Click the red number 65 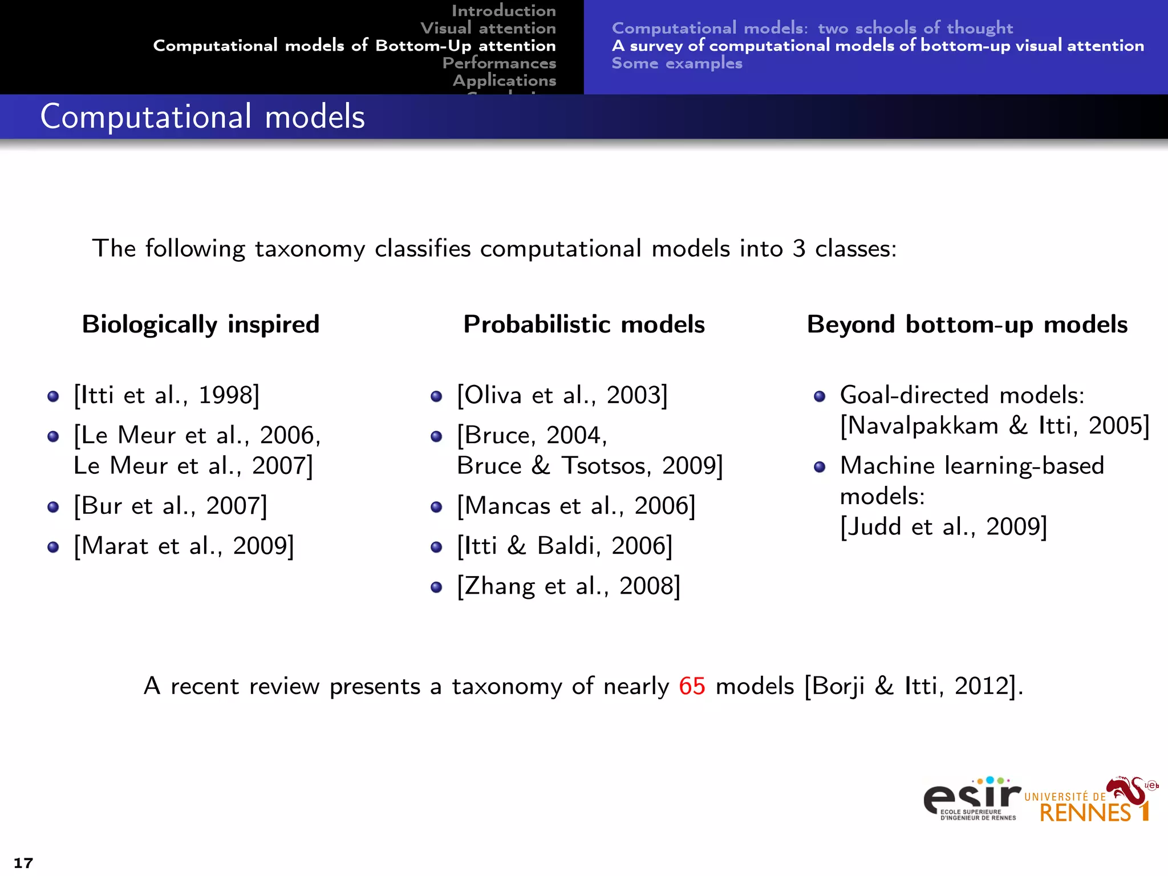click(692, 686)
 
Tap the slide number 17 click(23, 863)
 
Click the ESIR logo click(972, 799)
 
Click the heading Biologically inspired click(201, 325)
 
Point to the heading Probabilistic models click(584, 325)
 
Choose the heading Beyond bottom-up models click(967, 325)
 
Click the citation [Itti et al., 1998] click(167, 395)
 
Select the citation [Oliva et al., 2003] click(562, 395)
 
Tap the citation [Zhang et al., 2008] click(569, 586)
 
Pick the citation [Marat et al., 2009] click(184, 546)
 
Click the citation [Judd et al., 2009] click(944, 526)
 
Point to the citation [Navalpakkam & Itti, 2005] click(995, 426)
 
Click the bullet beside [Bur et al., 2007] click(53, 507)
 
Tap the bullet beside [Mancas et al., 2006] click(436, 507)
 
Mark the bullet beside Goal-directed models click(820, 396)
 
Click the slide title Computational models click(202, 117)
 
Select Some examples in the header click(677, 63)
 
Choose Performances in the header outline click(499, 63)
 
